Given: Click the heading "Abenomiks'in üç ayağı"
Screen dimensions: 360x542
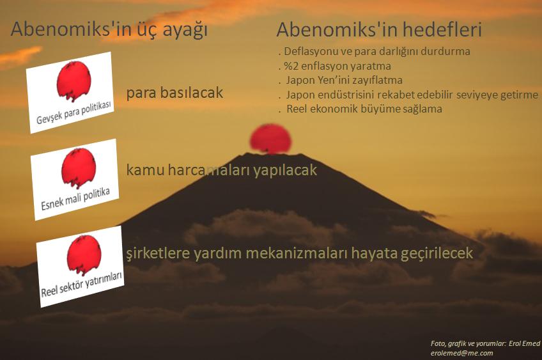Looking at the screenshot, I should point(109,30).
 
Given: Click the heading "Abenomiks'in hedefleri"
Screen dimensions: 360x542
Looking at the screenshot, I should point(379,30).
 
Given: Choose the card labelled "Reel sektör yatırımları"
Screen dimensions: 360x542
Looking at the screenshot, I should point(81,265).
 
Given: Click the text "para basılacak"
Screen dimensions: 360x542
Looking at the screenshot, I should point(174,93).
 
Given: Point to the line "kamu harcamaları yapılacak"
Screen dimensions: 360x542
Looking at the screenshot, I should point(221,171).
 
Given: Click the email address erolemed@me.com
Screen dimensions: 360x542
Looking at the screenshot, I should point(461,352).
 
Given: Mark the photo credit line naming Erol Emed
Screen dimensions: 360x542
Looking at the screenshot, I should point(485,343).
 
